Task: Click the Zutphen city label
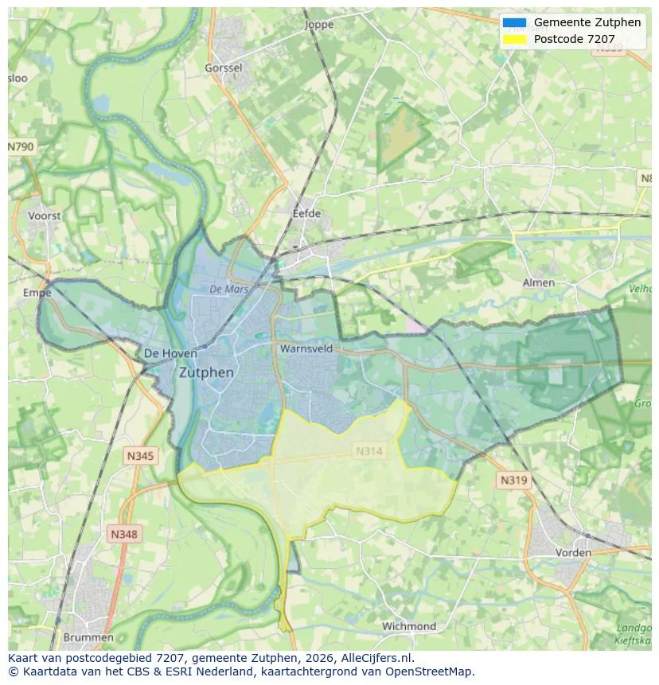click(206, 372)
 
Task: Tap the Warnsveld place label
click(306, 348)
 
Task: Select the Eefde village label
click(306, 213)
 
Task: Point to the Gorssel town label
click(224, 68)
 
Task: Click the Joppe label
click(320, 25)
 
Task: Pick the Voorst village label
click(44, 216)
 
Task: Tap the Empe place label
click(37, 293)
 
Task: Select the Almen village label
click(538, 282)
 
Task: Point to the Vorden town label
click(573, 552)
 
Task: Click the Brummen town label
click(88, 637)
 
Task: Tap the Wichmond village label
click(408, 626)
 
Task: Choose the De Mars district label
click(229, 290)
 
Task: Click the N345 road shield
click(141, 456)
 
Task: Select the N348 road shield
click(123, 535)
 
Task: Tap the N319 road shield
click(513, 481)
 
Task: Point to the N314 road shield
click(369, 451)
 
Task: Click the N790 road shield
click(21, 147)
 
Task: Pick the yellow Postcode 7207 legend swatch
click(514, 39)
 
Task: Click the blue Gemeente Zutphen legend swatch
click(514, 22)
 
